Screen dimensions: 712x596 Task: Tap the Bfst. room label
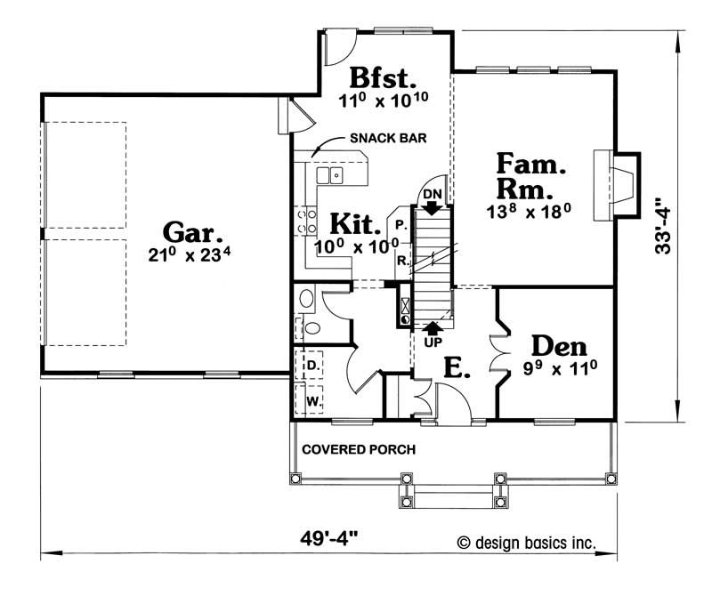pos(383,77)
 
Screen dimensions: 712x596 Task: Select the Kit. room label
pos(354,223)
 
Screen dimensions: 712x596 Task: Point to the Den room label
pos(559,346)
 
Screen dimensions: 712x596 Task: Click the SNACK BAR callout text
pos(388,138)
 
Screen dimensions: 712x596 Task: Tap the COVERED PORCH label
pos(359,449)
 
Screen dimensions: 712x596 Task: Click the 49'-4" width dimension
pos(328,540)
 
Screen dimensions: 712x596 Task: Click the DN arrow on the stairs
pos(432,207)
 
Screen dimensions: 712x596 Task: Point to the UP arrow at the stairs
pos(433,327)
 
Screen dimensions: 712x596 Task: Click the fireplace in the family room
pos(617,186)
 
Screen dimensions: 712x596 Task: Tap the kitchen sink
pos(329,175)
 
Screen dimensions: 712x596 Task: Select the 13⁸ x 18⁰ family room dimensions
pos(529,211)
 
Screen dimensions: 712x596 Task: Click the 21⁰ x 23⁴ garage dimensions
pos(190,254)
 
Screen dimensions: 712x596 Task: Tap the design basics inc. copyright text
pos(527,543)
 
